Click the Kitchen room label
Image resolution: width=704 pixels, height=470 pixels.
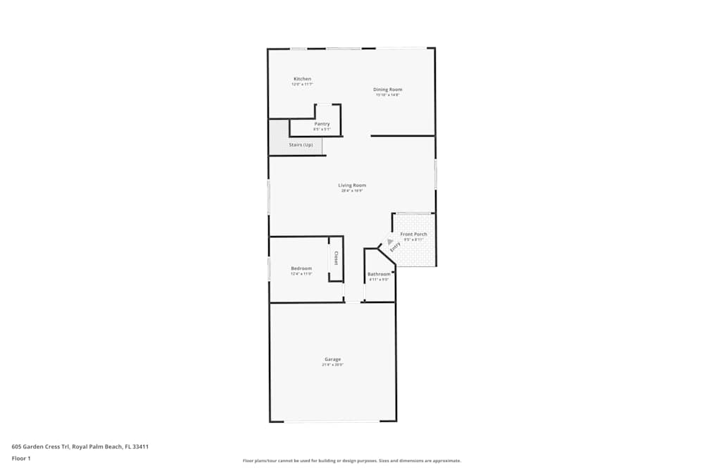(302, 78)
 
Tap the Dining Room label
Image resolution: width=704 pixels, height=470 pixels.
(387, 89)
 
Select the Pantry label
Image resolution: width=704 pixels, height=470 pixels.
(322, 124)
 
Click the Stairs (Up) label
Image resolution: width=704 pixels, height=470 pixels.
(301, 145)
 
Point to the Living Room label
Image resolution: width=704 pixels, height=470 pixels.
(352, 185)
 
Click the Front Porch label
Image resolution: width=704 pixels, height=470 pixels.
(413, 234)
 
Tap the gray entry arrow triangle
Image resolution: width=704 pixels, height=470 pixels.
(389, 241)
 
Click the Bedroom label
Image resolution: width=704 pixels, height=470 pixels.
(301, 268)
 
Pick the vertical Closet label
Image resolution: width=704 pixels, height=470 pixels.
(336, 259)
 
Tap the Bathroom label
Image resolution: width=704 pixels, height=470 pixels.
(379, 274)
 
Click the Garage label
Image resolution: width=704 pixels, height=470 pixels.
(332, 359)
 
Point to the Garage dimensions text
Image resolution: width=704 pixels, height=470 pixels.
(332, 365)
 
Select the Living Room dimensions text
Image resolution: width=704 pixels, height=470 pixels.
(352, 190)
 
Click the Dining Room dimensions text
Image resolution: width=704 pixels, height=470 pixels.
(387, 95)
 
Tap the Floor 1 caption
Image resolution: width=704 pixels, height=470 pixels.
(21, 458)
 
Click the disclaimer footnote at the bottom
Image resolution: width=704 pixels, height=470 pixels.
(352, 461)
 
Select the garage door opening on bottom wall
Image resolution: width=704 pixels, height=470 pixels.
(332, 421)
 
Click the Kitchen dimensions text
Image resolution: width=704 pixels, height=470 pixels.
(302, 84)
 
